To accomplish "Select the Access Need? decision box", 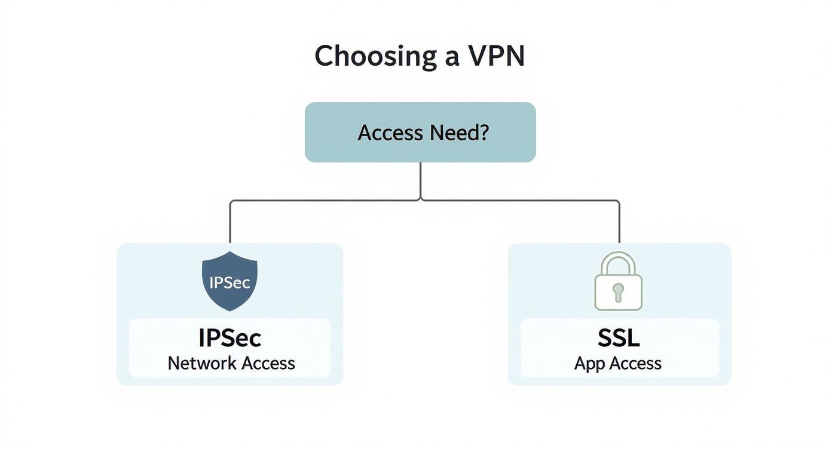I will [x=420, y=132].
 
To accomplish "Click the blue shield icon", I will [x=230, y=280].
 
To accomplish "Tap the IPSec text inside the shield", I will [x=230, y=282].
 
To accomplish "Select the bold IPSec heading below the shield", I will [x=230, y=338].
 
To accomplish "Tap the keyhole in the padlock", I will [x=618, y=292].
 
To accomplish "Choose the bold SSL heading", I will [x=618, y=338].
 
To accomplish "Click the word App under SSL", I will [x=589, y=364].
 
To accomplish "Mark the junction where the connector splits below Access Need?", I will [x=421, y=200].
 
